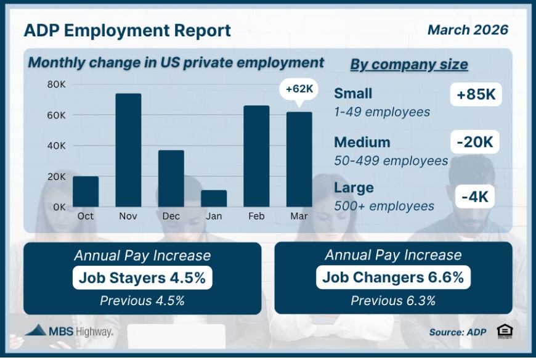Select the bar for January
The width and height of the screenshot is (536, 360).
(214, 198)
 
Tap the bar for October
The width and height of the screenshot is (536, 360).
(86, 191)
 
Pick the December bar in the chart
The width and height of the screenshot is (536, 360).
(171, 178)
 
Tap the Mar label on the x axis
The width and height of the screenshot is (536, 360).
(299, 216)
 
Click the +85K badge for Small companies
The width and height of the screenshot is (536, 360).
(476, 96)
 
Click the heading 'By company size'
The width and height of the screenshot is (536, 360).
(409, 65)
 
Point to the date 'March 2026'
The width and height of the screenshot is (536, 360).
(468, 30)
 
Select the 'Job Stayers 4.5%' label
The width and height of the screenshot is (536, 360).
(142, 278)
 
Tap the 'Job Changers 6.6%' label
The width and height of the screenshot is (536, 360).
(393, 278)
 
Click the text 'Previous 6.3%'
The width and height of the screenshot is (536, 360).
(393, 301)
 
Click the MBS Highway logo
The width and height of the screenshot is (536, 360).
(69, 331)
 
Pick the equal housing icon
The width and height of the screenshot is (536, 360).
(505, 331)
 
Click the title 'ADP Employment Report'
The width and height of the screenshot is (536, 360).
(128, 30)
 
